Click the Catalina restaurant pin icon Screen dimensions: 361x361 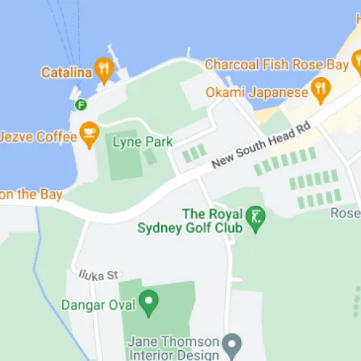pyautogui.click(x=105, y=68)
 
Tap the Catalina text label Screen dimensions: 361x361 pyautogui.click(x=65, y=72)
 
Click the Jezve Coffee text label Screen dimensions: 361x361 pyautogui.click(x=37, y=136)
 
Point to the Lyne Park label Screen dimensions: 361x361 pyautogui.click(x=143, y=142)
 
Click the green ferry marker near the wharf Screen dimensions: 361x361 pyautogui.click(x=82, y=105)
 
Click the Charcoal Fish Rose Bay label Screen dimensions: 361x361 pyautogui.click(x=277, y=64)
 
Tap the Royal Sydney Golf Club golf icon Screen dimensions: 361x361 pyautogui.click(x=256, y=216)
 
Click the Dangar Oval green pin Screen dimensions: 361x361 pyautogui.click(x=149, y=302)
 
